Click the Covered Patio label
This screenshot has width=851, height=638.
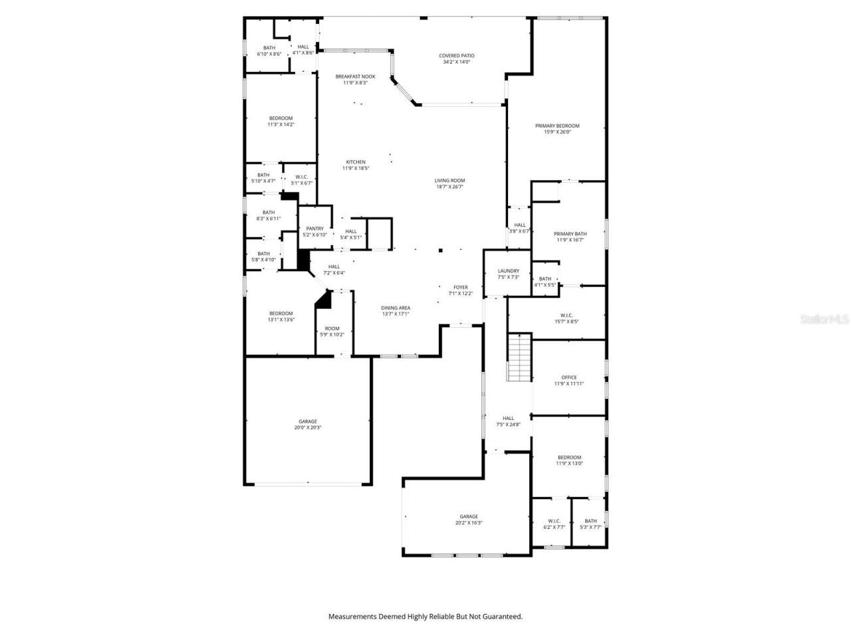coord(457,58)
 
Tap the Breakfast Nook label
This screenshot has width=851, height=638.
coord(355,79)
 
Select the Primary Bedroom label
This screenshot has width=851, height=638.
coord(557,129)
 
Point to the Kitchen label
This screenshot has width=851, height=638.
coord(356,165)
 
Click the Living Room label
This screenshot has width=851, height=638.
coord(449,183)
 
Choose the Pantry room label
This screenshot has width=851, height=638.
coord(314,231)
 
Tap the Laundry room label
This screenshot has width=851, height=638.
coord(508,274)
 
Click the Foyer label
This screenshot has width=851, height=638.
coord(460,290)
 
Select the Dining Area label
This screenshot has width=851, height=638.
coord(396,310)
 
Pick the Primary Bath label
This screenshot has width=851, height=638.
coord(570,237)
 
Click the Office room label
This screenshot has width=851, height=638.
coord(568,380)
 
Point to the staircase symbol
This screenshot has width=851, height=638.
coord(519,358)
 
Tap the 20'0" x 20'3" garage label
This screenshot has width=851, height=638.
coord(308,424)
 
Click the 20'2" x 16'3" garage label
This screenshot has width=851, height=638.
coord(469,519)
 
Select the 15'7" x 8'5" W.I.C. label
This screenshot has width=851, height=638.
coord(566,318)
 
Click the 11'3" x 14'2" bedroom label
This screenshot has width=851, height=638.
coord(281,121)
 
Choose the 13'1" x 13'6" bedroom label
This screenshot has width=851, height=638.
coord(281,316)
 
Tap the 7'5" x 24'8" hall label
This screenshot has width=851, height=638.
coord(508,421)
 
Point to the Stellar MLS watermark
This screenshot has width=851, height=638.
coord(824,320)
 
